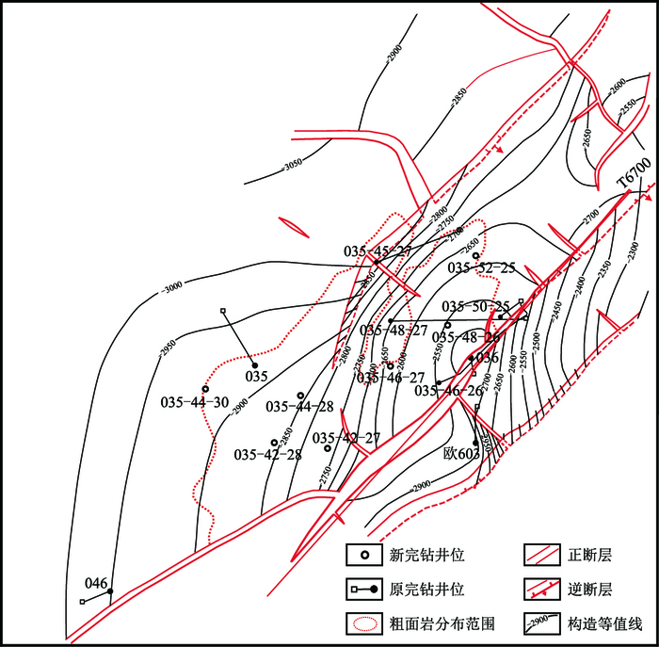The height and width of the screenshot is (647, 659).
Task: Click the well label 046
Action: tap(97, 583)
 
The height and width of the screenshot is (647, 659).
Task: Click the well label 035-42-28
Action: tap(267, 454)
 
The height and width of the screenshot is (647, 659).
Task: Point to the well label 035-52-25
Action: tap(481, 268)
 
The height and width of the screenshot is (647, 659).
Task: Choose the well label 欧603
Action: tap(462, 453)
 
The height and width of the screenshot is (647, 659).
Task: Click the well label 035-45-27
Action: tap(378, 251)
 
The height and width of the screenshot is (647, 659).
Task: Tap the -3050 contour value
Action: tap(295, 164)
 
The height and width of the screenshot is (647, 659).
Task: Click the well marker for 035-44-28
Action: tap(300, 396)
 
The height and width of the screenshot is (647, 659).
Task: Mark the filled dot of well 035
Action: tap(254, 364)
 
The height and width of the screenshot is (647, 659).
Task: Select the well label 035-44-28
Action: tap(299, 407)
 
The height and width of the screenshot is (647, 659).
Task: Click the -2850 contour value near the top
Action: tap(458, 95)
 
